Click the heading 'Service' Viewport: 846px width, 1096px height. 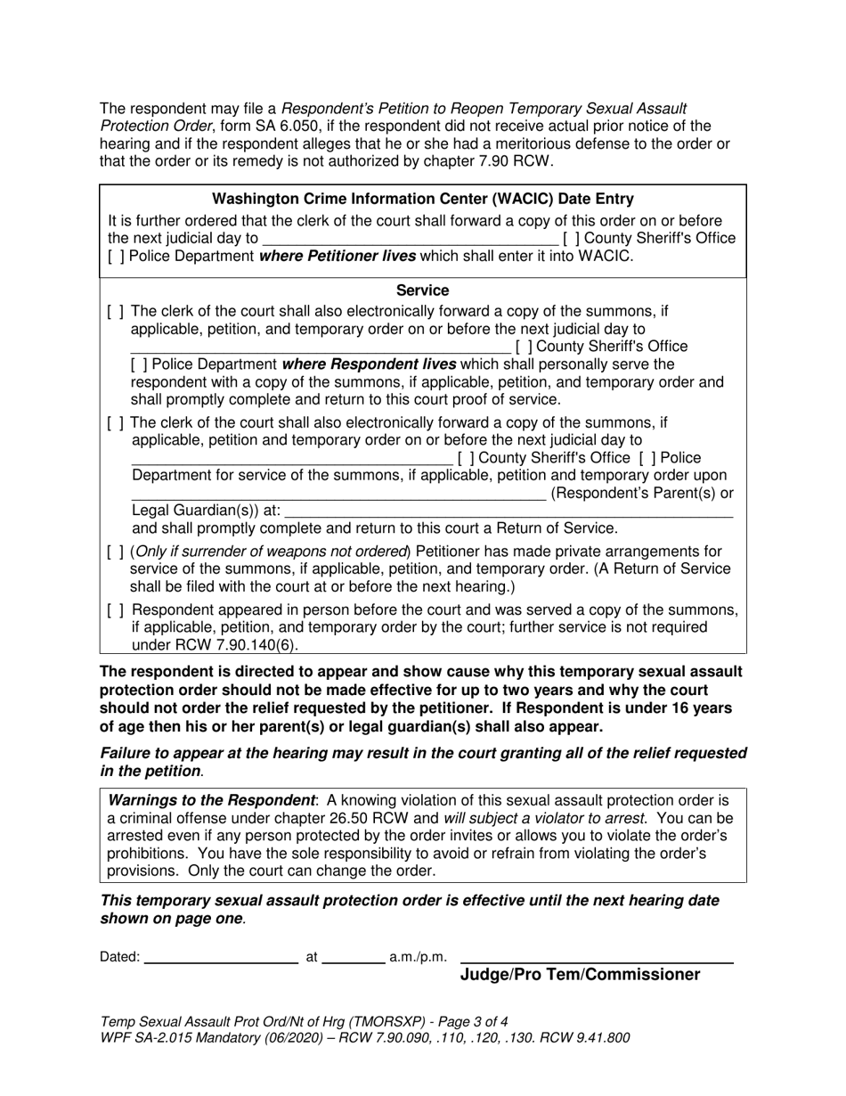point(422,290)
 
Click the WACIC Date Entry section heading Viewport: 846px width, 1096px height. point(423,200)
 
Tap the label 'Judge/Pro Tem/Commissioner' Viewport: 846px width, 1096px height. point(580,975)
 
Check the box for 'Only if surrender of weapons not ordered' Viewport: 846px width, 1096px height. point(116,552)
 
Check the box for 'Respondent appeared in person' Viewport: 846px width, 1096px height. point(116,610)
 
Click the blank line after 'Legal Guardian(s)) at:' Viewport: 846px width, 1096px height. point(508,511)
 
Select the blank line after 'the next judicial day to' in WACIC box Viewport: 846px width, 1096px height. point(411,239)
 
